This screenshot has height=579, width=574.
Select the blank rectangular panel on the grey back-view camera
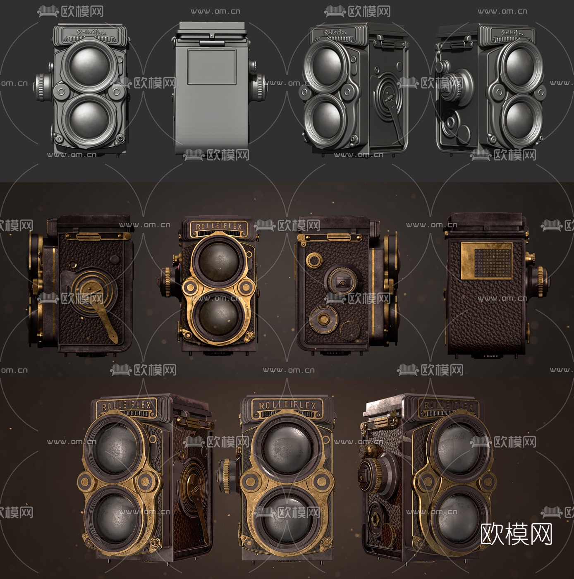(x=212, y=67)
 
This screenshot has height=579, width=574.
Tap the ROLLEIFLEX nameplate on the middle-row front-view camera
(x=218, y=227)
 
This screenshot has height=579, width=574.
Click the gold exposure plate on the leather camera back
(x=486, y=261)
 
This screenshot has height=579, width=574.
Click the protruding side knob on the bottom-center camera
(x=227, y=476)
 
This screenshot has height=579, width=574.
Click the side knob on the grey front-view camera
(x=43, y=87)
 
